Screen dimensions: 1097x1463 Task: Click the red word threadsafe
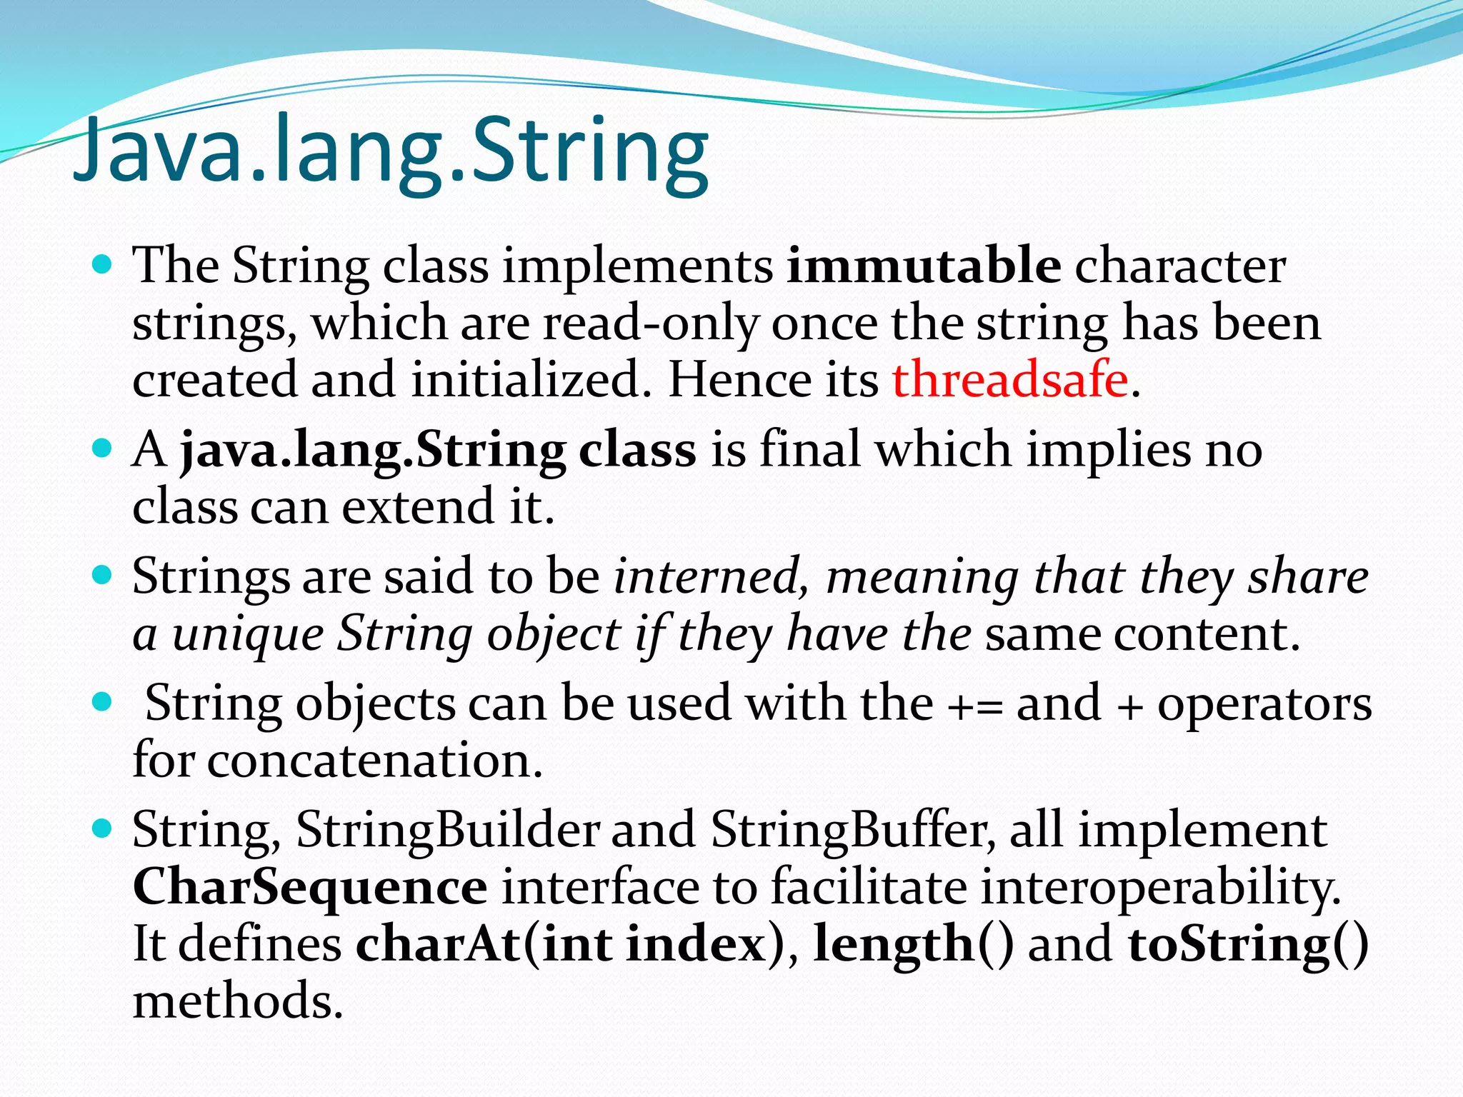click(1010, 379)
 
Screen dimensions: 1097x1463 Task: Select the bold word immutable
click(924, 266)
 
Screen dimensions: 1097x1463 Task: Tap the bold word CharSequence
click(310, 887)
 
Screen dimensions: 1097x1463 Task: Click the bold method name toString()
click(1247, 944)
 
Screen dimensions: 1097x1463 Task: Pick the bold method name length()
click(913, 944)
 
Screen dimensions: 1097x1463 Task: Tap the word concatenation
click(374, 761)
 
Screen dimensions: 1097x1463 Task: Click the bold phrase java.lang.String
click(373, 451)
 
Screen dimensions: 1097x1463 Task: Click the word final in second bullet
click(809, 450)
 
